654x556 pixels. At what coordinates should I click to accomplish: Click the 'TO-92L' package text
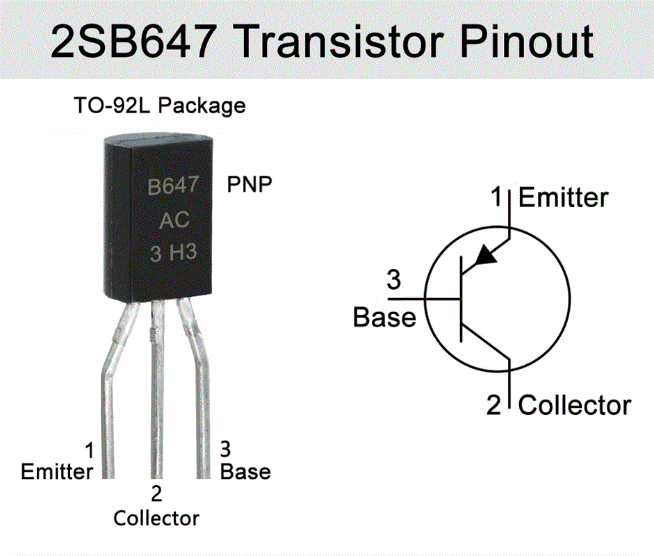(113, 106)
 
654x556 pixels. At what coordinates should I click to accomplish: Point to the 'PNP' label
(250, 185)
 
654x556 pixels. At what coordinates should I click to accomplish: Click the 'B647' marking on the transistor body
(174, 187)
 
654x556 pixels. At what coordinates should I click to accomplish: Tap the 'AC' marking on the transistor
(174, 220)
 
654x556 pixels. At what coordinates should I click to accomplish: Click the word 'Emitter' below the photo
(57, 472)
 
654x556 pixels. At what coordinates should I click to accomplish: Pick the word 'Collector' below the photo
(156, 518)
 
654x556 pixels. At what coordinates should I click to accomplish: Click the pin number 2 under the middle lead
(156, 494)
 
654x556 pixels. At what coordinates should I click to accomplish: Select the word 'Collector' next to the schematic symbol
(575, 404)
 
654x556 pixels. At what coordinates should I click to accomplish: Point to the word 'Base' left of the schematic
(384, 317)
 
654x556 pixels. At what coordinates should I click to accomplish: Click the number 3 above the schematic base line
(393, 281)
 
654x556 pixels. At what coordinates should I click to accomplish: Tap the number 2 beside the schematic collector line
(493, 405)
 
